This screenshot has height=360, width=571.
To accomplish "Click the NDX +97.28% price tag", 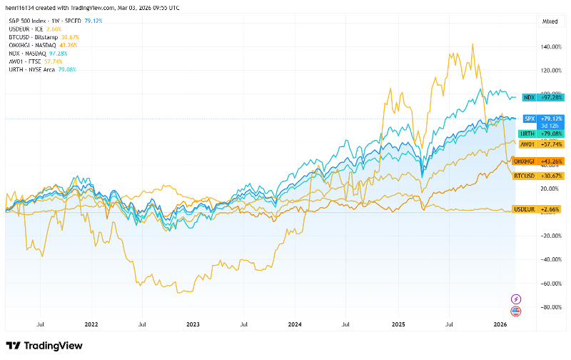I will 540,96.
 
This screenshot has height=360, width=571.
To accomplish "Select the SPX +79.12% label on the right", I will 540,118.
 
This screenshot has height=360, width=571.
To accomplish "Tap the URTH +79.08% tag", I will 540,134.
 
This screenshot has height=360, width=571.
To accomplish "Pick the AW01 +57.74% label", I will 540,144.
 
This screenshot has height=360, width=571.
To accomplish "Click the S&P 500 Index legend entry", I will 33,21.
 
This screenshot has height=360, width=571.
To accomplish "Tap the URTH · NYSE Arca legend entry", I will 29,69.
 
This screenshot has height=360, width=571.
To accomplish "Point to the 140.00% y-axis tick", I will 552,47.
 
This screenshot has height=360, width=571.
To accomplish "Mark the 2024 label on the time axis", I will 295,324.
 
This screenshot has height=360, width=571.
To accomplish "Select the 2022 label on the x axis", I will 91,324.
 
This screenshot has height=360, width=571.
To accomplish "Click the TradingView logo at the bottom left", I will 44,346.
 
